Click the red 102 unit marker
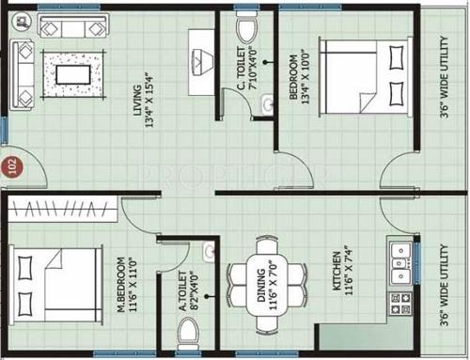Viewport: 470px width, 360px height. click(x=12, y=166)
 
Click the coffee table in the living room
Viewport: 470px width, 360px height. click(x=74, y=71)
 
